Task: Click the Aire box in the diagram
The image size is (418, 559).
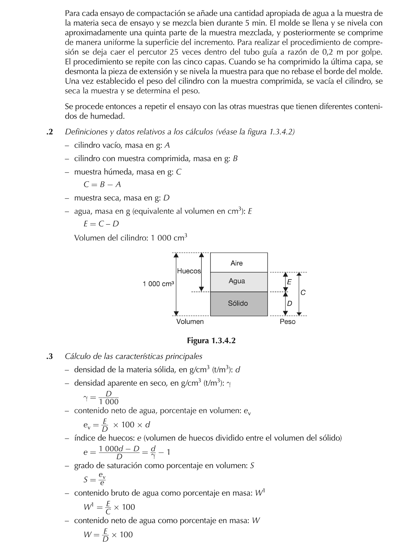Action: click(239, 263)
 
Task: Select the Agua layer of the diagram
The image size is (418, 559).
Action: click(239, 282)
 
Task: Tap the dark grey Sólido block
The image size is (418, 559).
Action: click(239, 303)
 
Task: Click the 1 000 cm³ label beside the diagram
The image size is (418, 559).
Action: click(158, 284)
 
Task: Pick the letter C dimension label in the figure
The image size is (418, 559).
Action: click(303, 293)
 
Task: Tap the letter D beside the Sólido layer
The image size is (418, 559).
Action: click(289, 303)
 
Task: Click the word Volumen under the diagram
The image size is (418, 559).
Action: click(190, 321)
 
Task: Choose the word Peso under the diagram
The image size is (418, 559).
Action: click(287, 321)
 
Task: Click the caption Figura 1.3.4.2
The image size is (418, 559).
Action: click(211, 341)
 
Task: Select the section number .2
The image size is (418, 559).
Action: click(50, 132)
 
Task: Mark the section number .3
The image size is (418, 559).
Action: click(50, 356)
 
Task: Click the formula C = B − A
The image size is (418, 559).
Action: click(102, 184)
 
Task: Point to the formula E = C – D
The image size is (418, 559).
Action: click(101, 224)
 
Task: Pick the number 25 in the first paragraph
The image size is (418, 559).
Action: click(174, 52)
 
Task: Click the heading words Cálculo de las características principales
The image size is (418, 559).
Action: click(134, 356)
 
